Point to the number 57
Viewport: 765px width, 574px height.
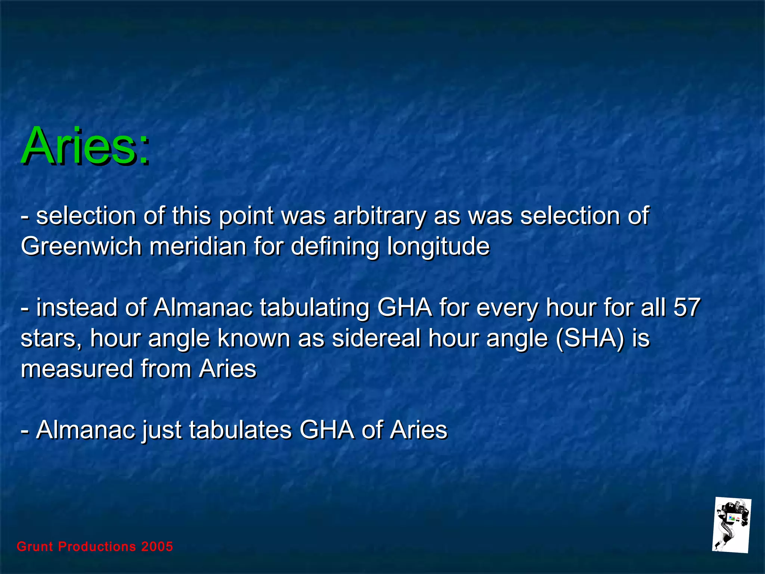[x=687, y=308]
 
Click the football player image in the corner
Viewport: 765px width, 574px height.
[x=731, y=525]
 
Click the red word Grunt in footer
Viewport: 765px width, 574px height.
[x=35, y=547]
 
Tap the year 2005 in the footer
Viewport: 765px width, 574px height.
[x=157, y=547]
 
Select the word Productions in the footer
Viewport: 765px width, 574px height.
[x=97, y=547]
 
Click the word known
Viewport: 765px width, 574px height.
[x=254, y=339]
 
